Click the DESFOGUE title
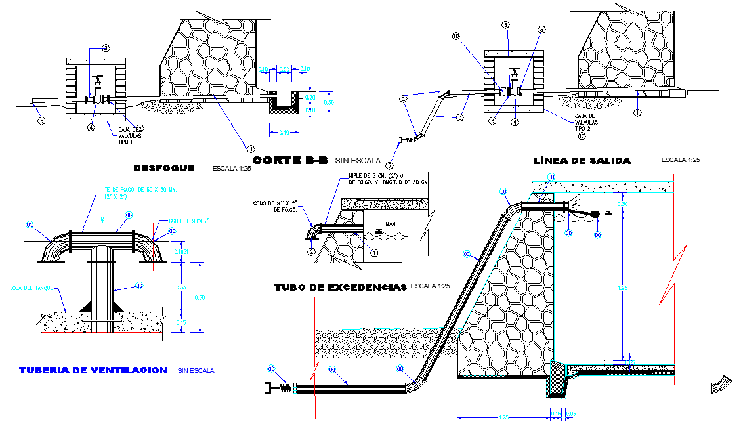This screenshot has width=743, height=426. tap(163, 168)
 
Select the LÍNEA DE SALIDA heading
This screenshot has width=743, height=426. tap(582, 161)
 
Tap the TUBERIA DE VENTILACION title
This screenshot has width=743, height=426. tap(93, 370)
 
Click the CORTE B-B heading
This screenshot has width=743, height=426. tap(290, 160)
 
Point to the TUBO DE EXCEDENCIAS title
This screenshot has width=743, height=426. tap(340, 287)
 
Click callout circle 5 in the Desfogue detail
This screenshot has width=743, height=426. tap(41, 121)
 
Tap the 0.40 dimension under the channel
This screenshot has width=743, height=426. tap(284, 133)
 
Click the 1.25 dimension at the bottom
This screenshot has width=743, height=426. tap(503, 417)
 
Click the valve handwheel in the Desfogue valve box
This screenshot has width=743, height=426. tap(98, 79)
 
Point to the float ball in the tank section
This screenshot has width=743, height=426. tap(595, 214)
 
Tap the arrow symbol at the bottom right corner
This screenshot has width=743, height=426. tap(720, 385)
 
